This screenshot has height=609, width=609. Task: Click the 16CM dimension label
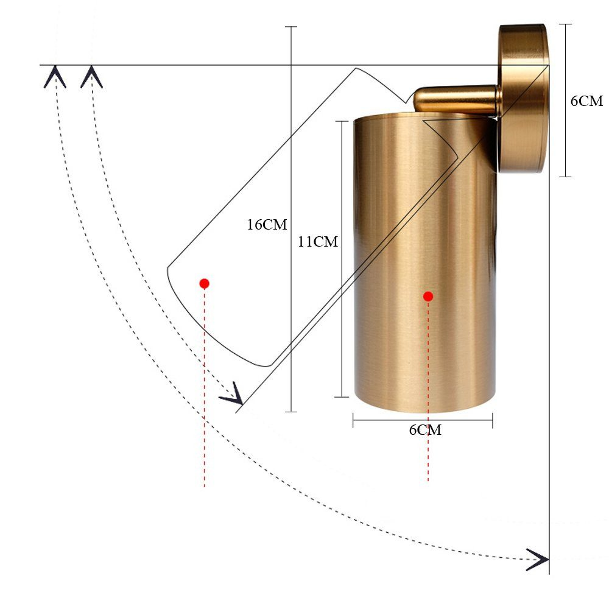click(266, 225)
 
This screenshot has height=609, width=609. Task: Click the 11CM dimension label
click(317, 242)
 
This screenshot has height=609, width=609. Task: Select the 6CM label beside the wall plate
click(586, 101)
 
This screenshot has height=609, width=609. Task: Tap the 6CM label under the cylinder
click(424, 430)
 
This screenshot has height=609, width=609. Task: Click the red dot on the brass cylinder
click(428, 297)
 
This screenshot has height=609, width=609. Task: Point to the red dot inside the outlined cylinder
click(205, 283)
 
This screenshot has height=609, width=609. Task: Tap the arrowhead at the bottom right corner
click(538, 559)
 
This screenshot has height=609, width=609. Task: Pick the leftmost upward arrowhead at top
click(55, 77)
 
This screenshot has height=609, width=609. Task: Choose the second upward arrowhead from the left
click(91, 77)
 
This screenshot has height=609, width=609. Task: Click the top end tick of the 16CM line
click(291, 27)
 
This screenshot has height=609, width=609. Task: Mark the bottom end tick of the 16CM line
click(291, 412)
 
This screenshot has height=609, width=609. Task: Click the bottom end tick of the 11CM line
click(342, 396)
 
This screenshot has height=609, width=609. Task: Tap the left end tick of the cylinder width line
click(353, 420)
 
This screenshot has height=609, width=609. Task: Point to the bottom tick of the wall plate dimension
click(565, 177)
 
